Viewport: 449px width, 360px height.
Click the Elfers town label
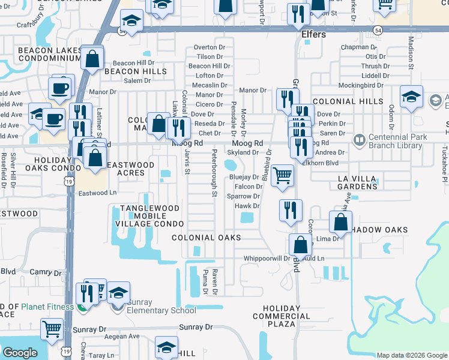313,35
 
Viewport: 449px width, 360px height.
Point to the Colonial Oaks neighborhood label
206,238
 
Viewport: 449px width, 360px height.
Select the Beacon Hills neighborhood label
127,71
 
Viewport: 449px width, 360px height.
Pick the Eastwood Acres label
125,169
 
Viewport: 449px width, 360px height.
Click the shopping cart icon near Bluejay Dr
282,176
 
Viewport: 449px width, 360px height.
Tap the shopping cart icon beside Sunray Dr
52,329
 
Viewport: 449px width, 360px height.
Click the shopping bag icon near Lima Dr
340,221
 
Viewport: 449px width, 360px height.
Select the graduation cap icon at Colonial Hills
412,97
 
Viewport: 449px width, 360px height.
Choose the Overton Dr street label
209,47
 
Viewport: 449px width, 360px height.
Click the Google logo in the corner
20,353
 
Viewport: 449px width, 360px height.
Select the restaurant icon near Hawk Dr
291,211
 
